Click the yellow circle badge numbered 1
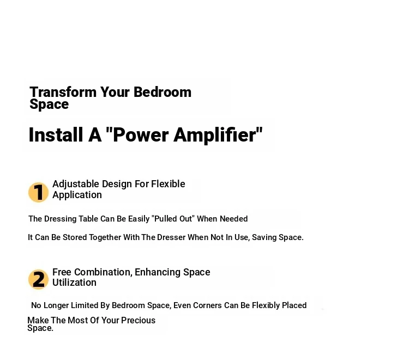pos(38,192)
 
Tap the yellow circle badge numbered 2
pos(38,279)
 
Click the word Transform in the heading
pos(63,92)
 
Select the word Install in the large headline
pos(56,134)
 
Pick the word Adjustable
pos(76,184)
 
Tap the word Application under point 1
pos(77,195)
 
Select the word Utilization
pos(74,283)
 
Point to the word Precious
pos(138,320)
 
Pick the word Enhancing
pos(158,272)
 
